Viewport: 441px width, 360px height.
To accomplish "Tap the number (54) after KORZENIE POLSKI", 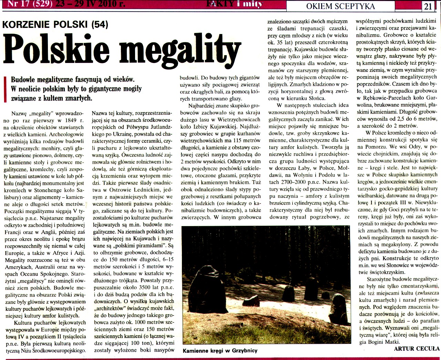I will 100,24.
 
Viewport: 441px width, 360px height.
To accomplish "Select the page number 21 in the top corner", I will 428,6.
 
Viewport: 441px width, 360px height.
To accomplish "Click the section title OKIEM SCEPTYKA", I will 340,6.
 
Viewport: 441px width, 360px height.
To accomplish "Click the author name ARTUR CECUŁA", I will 417,349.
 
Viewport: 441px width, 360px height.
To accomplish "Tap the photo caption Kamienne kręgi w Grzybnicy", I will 220,351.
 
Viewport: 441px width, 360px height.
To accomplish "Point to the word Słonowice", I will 392,265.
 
